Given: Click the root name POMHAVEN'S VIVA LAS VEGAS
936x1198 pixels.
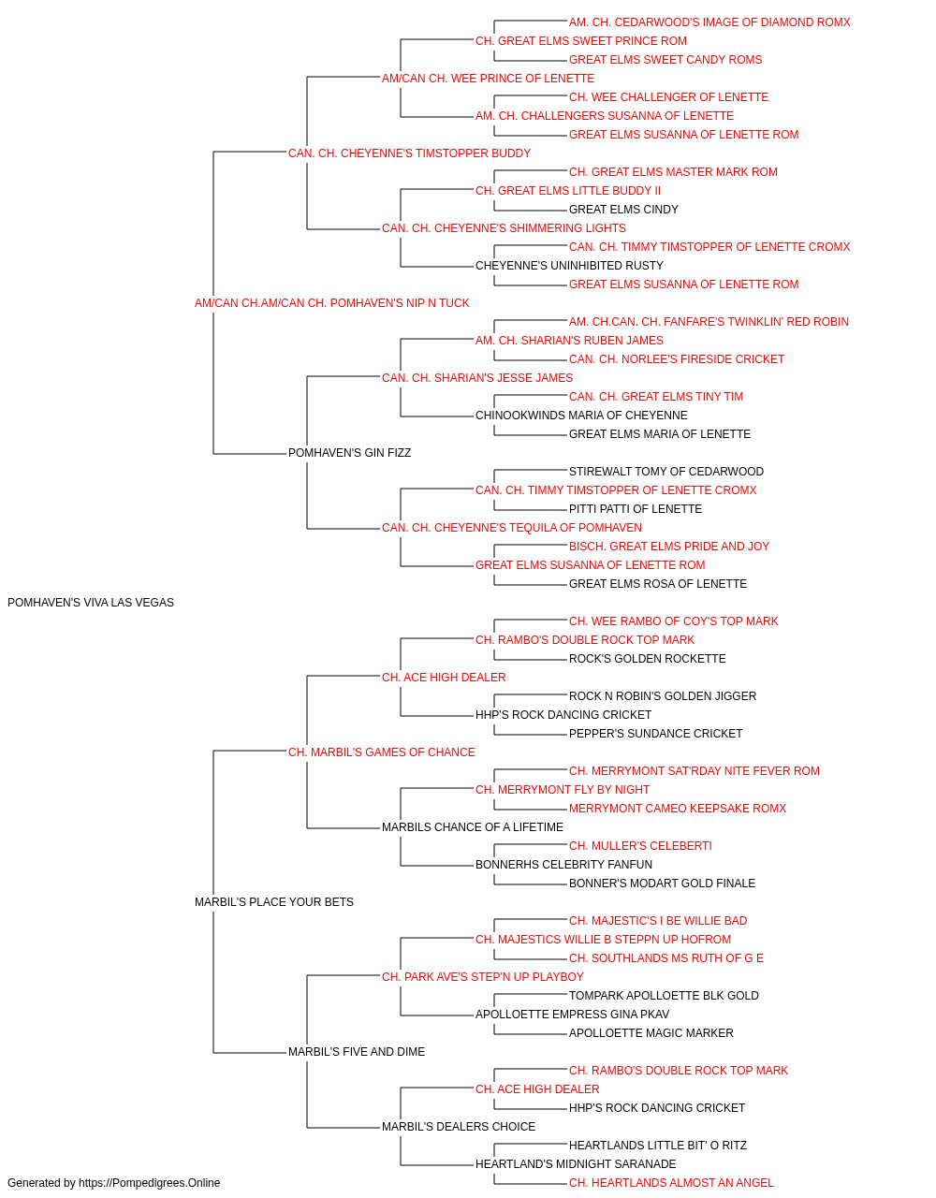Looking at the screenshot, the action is click(x=91, y=603).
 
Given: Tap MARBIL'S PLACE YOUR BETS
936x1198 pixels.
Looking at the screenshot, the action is click(x=274, y=902).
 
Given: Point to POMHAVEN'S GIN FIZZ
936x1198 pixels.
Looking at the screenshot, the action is click(x=349, y=453).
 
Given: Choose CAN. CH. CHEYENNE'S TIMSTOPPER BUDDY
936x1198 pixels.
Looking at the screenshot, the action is click(x=409, y=153).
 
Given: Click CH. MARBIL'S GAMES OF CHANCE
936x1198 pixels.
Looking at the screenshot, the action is click(x=382, y=752).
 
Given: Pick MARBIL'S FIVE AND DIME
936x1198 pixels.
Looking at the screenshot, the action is click(x=357, y=1051).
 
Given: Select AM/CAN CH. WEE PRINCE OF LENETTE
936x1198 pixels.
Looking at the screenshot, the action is click(x=488, y=79).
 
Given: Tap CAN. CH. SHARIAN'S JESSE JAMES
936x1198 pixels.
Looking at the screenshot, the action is click(x=477, y=377).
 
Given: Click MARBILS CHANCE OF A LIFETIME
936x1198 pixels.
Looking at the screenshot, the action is click(x=473, y=827).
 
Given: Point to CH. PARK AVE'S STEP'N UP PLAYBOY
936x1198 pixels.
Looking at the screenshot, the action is click(x=482, y=976).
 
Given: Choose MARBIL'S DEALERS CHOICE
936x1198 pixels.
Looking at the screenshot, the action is click(x=459, y=1126).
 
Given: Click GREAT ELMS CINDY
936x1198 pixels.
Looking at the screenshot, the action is click(x=623, y=210).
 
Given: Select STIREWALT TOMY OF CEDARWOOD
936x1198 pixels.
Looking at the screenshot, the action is click(x=665, y=472).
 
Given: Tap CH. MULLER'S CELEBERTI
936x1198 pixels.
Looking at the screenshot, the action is click(x=640, y=846).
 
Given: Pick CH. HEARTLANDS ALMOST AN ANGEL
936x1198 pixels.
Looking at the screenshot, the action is click(x=671, y=1183).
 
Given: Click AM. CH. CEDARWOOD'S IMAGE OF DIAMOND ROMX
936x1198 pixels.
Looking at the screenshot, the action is click(x=709, y=22).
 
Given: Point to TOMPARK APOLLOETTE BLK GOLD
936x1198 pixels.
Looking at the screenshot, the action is click(x=664, y=995).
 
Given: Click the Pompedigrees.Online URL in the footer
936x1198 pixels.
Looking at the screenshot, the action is click(x=149, y=1183).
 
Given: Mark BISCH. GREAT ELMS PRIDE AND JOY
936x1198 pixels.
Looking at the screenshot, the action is click(x=668, y=547).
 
